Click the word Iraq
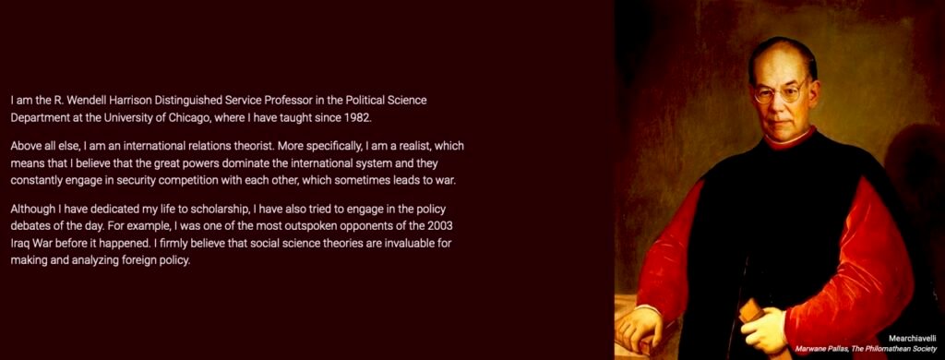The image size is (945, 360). click(x=20, y=245)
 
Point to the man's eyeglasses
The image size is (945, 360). click(x=781, y=91)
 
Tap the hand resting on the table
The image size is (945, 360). click(x=637, y=326)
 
